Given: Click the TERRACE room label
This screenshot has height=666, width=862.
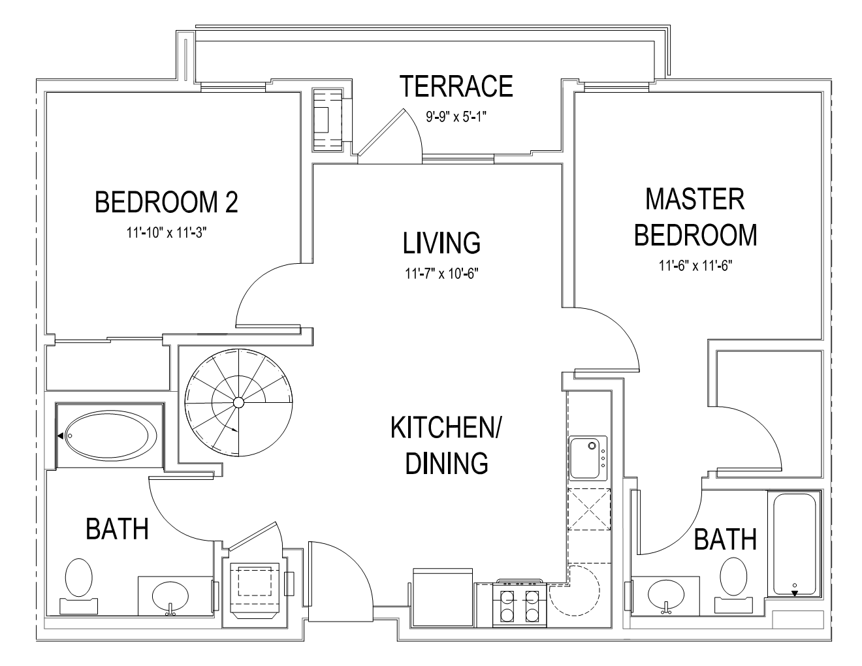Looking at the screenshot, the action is click(456, 86).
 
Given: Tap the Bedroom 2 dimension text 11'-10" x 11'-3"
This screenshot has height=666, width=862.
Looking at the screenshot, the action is click(167, 232).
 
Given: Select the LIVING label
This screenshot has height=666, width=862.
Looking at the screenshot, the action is click(441, 243).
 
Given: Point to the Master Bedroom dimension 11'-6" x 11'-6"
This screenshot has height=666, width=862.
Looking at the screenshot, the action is click(695, 265).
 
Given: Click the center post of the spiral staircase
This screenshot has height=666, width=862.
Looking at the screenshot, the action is click(238, 403).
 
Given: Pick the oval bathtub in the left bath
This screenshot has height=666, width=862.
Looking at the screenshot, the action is click(110, 436).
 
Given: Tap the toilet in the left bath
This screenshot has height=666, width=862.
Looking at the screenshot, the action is click(78, 586).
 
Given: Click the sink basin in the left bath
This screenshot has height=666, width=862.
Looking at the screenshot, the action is click(170, 596).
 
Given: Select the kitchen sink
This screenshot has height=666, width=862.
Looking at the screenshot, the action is click(588, 458).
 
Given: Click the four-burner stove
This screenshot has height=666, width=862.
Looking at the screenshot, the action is click(520, 604).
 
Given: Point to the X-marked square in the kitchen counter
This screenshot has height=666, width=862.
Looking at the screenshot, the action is click(589, 509).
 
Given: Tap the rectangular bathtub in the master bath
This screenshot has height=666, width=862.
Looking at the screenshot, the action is click(794, 544).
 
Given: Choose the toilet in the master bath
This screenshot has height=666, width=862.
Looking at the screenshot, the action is click(733, 586).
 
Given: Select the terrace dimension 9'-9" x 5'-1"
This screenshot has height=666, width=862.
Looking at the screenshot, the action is click(456, 117).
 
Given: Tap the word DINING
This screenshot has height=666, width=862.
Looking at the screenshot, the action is click(446, 463).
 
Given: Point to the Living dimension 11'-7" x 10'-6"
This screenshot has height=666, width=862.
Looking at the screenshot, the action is click(441, 274).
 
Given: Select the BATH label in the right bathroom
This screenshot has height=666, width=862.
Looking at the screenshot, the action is click(726, 539).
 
